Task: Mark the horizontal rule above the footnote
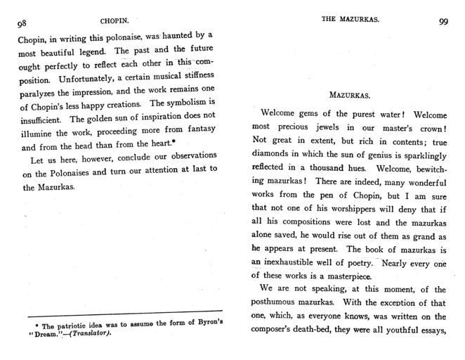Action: [x=123, y=311]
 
